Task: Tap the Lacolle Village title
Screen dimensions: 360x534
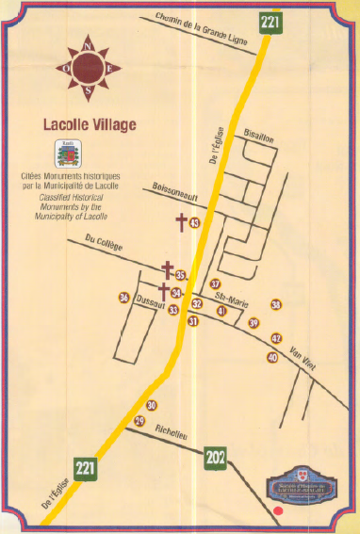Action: click(x=90, y=123)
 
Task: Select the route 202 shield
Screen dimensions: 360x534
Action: click(x=216, y=459)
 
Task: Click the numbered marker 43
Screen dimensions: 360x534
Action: click(x=194, y=223)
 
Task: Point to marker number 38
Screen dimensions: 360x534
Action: click(x=276, y=304)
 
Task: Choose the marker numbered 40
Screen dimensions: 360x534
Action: click(x=272, y=358)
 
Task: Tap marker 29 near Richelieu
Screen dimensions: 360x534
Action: click(x=139, y=420)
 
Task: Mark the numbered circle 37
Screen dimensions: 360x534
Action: click(x=215, y=283)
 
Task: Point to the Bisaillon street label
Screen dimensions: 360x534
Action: click(x=258, y=136)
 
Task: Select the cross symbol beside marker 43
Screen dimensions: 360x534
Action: click(x=180, y=223)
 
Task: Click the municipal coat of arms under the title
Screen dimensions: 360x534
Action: click(x=67, y=154)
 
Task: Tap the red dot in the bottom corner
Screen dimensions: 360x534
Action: click(x=278, y=511)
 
